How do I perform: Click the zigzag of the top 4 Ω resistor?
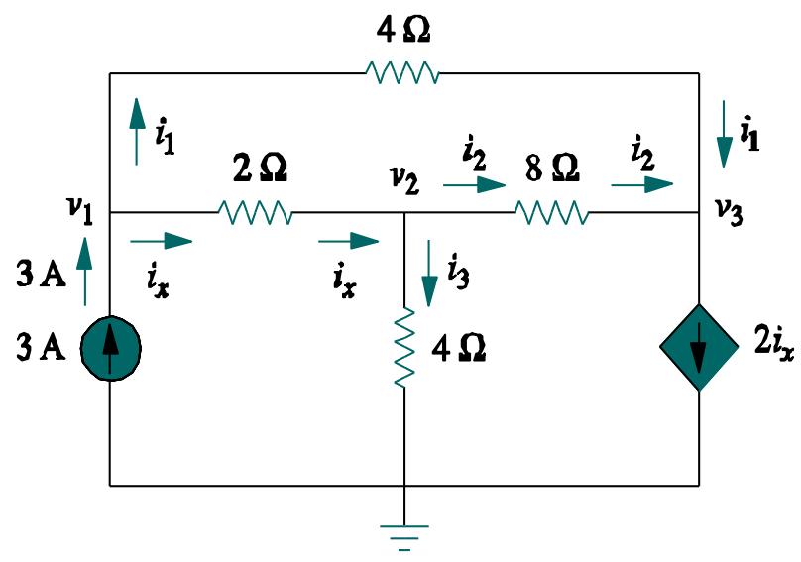(x=401, y=73)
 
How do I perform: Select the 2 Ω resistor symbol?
(x=255, y=212)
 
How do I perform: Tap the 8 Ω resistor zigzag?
(x=551, y=212)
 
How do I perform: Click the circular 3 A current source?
(x=109, y=346)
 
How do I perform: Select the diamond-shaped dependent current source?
(x=699, y=346)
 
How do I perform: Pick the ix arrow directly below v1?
(x=161, y=240)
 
